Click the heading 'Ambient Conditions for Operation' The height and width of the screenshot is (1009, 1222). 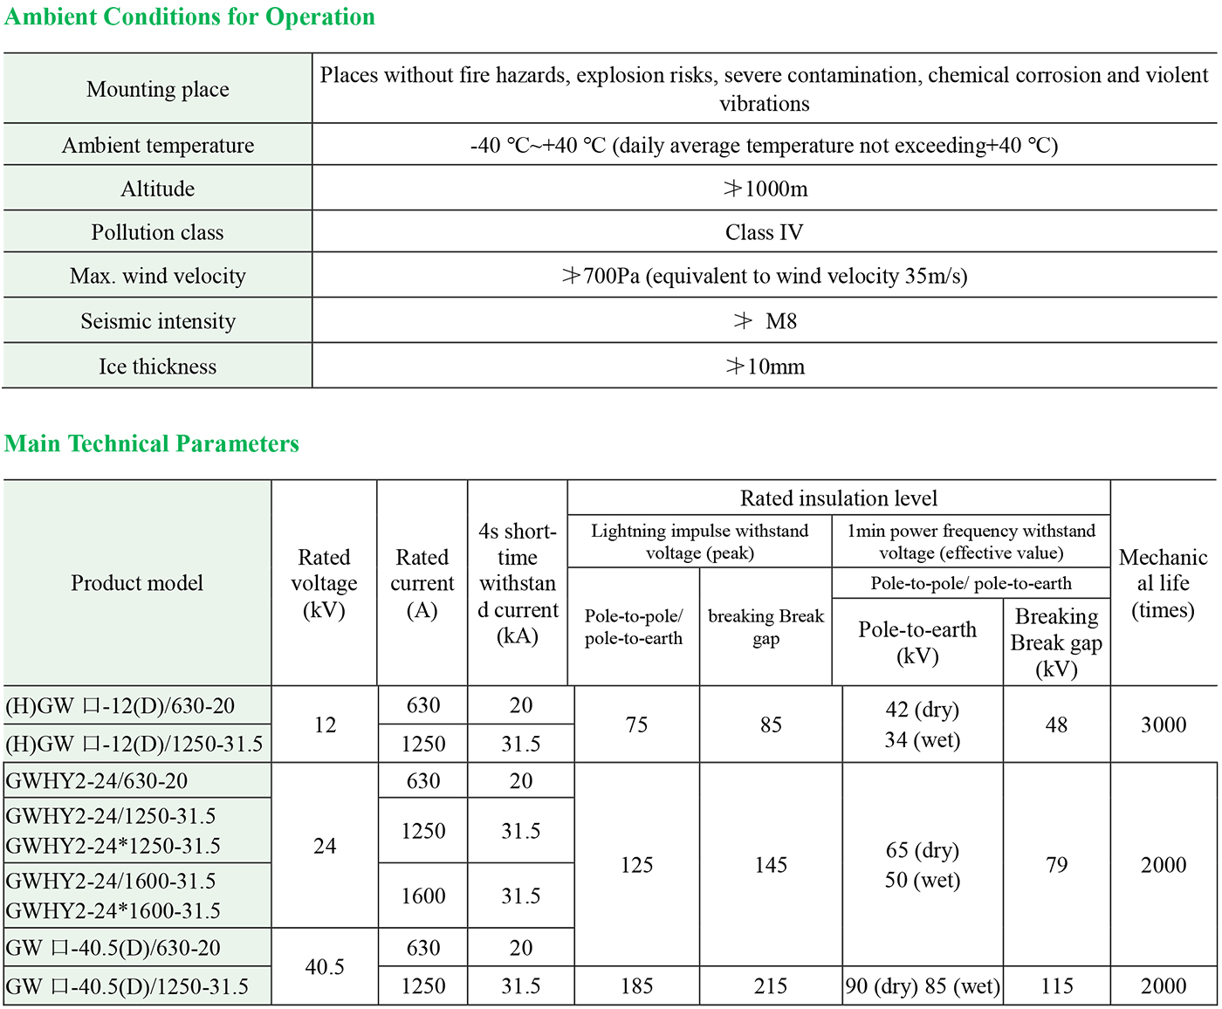(x=189, y=17)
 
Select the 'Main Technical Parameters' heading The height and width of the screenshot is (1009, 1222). (x=152, y=443)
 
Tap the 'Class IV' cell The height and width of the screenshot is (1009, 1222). (x=764, y=232)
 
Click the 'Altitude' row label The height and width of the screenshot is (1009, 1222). (x=157, y=189)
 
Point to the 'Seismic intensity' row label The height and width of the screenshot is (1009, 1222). (x=157, y=321)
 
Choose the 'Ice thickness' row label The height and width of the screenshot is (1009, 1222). (x=157, y=367)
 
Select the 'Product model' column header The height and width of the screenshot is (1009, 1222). (x=137, y=583)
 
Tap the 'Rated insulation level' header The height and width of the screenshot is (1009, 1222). (x=838, y=498)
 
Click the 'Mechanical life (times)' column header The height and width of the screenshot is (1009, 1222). (x=1163, y=583)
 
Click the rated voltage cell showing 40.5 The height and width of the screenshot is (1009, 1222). (x=325, y=967)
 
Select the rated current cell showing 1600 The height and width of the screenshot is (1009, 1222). (x=423, y=896)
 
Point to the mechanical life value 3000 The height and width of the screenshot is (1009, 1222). (x=1163, y=724)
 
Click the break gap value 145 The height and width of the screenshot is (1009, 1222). (x=771, y=865)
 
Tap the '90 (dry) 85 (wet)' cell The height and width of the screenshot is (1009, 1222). (x=923, y=986)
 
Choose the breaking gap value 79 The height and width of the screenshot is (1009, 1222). (x=1056, y=865)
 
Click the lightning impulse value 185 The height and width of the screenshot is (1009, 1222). (x=636, y=986)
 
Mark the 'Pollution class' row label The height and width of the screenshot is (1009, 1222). (x=157, y=232)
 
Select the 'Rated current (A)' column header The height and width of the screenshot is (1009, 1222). (x=422, y=583)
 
